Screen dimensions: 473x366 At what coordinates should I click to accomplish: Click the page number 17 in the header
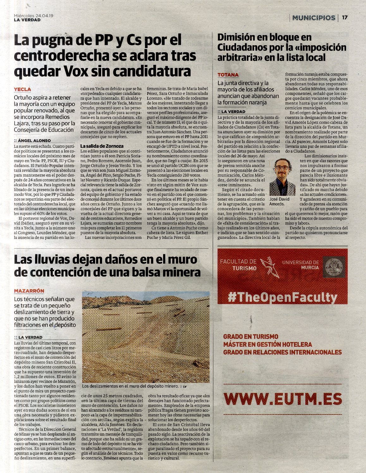pos(345,18)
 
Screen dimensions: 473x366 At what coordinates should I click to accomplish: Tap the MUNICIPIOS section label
pos(313,18)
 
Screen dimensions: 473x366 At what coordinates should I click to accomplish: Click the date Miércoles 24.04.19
pos(34,16)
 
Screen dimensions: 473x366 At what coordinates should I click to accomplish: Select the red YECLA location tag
pos(22,90)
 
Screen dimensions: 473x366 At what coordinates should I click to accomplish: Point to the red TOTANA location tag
pos(228,75)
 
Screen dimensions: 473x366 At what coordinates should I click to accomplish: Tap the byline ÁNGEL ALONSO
pos(34,140)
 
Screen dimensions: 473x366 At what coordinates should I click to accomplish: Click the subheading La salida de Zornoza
pos(102,146)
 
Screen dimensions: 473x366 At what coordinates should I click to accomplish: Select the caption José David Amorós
pos(279,202)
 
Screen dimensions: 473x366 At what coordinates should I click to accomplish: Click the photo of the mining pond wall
pos(145,337)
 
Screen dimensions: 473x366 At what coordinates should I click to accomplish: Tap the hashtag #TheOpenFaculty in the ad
pos(282,297)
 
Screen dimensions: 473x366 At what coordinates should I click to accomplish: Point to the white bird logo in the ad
pos(270,267)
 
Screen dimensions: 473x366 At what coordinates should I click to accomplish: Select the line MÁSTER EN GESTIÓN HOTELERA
pos(267,344)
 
